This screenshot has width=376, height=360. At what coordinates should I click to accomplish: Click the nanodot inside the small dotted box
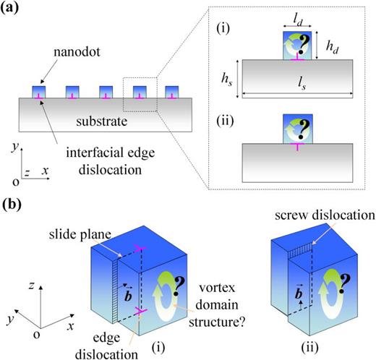pos(140,92)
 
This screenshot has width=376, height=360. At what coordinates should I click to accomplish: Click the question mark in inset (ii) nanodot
pos(304,129)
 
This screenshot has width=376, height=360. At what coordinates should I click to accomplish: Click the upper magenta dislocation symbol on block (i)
pos(139,248)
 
